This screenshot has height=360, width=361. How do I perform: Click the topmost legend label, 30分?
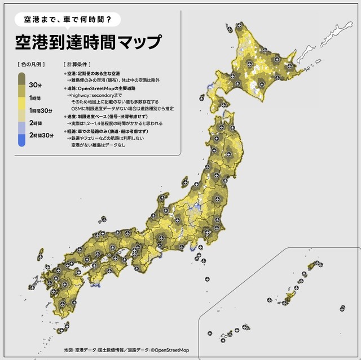[x=35, y=85]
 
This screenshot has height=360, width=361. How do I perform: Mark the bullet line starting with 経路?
[x=107, y=131]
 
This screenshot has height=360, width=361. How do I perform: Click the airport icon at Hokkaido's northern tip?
[x=239, y=25]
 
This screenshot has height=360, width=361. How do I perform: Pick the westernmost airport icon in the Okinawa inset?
[x=210, y=333]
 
